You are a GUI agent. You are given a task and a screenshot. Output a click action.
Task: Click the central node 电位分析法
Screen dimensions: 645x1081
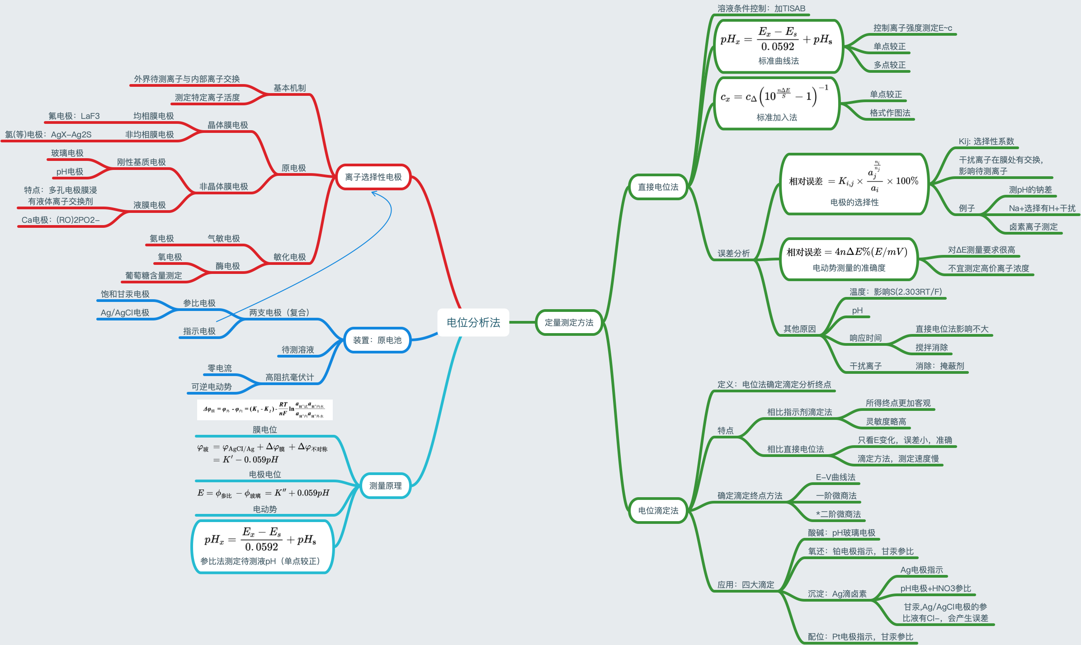tap(473, 322)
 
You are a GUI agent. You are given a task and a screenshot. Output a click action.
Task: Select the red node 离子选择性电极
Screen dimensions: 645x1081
tap(373, 177)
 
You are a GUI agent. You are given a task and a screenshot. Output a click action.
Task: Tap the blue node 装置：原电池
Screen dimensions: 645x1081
tap(377, 340)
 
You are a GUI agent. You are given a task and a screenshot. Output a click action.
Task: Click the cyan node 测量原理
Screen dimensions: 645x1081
tap(385, 485)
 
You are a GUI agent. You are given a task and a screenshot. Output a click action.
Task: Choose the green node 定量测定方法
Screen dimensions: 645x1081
tap(569, 322)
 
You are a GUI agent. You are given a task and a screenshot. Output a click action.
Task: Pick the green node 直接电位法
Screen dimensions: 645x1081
tap(658, 187)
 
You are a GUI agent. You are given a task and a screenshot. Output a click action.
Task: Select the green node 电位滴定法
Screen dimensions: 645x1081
tap(658, 510)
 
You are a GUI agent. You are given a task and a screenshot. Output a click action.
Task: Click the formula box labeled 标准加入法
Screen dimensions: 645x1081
tap(777, 104)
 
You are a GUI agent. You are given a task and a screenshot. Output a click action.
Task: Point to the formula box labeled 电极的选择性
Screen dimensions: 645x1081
tap(854, 184)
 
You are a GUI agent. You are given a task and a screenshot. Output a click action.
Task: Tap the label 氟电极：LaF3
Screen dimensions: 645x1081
tap(74, 116)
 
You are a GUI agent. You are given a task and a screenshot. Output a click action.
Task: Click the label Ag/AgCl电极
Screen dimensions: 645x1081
tap(125, 313)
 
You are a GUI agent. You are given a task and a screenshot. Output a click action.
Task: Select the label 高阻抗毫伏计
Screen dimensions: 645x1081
tap(289, 377)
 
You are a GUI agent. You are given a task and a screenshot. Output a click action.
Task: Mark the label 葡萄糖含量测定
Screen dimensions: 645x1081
tap(154, 276)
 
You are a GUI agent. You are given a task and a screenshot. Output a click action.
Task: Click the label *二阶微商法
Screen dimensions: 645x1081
tap(838, 514)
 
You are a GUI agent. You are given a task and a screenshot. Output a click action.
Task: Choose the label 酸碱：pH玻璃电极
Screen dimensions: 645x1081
tap(841, 533)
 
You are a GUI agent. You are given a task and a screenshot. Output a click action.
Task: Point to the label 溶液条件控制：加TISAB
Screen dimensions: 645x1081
tap(761, 9)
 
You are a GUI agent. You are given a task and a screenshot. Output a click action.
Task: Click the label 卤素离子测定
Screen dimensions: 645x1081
tap(1034, 227)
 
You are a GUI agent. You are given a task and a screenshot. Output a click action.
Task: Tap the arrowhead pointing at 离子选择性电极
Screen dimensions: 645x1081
tap(373, 193)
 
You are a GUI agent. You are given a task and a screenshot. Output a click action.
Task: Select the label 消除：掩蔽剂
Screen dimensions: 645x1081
tap(939, 366)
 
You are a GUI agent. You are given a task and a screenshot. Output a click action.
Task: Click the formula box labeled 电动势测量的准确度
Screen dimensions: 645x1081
tap(849, 259)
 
